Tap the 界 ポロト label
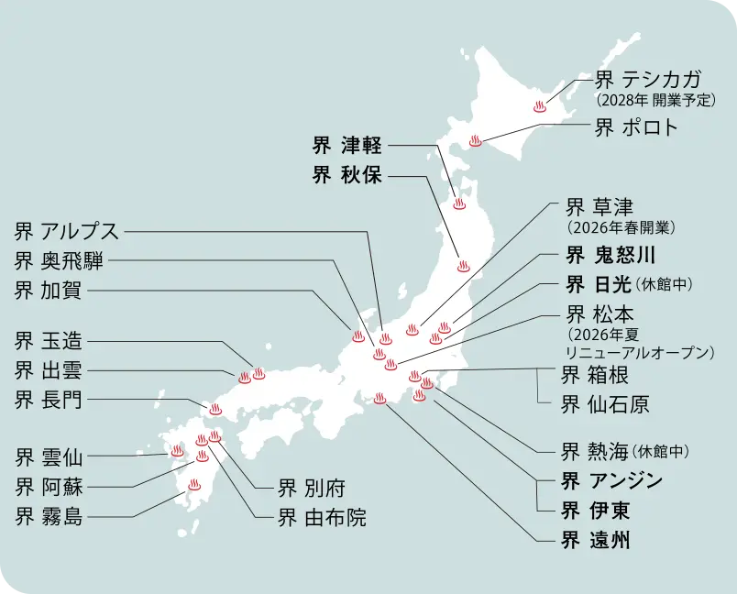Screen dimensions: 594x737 point(636,127)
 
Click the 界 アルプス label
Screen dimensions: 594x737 point(67,231)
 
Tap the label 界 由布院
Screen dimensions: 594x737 point(322,517)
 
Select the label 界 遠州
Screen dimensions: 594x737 point(596,539)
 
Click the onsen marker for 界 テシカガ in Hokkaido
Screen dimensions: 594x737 point(540,106)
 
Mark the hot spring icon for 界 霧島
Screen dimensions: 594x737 point(194,485)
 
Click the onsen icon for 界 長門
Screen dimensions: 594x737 point(215,409)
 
